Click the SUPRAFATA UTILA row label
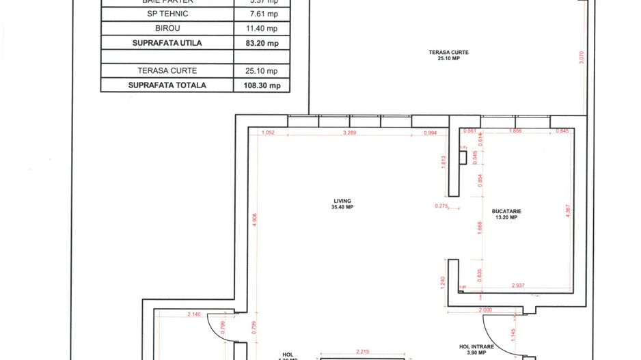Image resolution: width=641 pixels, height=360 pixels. pyautogui.click(x=167, y=43)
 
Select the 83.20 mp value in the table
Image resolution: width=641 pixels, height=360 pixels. pyautogui.click(x=264, y=43)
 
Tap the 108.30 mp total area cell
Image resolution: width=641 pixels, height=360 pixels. pyautogui.click(x=264, y=85)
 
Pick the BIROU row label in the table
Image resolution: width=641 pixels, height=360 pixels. pyautogui.click(x=167, y=29)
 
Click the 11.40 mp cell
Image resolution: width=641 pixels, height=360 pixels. pyautogui.click(x=264, y=29)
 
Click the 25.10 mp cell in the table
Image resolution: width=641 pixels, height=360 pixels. pyautogui.click(x=264, y=71)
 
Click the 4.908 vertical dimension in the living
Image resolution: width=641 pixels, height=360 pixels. pyautogui.click(x=254, y=219)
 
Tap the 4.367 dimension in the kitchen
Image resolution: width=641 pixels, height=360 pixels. pyautogui.click(x=567, y=212)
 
